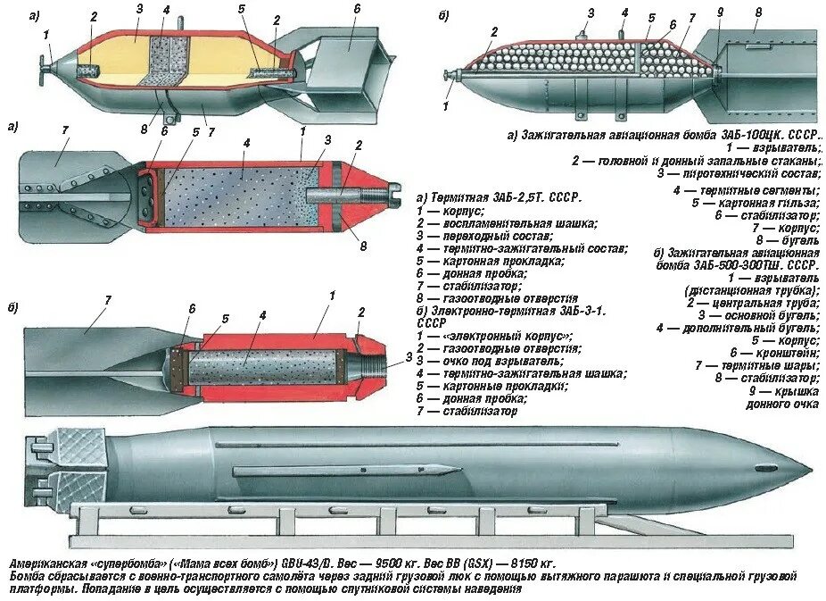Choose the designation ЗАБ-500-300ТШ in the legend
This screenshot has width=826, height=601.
pos(736,265)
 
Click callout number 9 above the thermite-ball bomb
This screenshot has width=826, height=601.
pos(719,13)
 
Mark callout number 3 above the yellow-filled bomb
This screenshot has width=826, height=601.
pos(139,10)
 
